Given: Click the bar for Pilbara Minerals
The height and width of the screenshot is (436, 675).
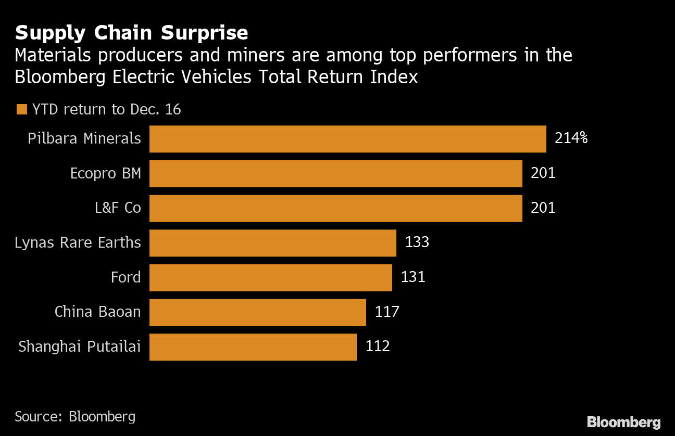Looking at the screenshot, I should click(x=347, y=139).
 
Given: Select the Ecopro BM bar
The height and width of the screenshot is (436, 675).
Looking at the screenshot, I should click(x=335, y=173).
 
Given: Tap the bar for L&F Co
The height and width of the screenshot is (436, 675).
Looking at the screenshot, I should click(x=335, y=208).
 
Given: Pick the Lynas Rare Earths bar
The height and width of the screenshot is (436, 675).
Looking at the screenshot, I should click(x=272, y=242).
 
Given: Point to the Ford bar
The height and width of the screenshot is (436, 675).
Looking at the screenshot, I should click(x=270, y=277).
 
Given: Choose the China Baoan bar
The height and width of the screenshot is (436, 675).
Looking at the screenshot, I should click(x=257, y=312).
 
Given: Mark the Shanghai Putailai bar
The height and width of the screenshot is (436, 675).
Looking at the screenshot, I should click(x=253, y=347).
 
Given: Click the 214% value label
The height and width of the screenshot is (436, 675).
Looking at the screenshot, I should click(x=571, y=138).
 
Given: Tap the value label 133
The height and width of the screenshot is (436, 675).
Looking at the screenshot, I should click(x=417, y=242).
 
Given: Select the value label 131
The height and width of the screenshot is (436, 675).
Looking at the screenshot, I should click(x=413, y=277).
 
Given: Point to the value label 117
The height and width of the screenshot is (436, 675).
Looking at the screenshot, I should click(x=387, y=312).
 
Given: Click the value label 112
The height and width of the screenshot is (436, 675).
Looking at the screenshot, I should click(x=378, y=346).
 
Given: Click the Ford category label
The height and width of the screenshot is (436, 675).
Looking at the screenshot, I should click(x=126, y=277).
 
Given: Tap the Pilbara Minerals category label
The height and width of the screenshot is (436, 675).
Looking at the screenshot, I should click(x=84, y=138).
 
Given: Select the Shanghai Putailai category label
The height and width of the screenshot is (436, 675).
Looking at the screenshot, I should click(x=80, y=347).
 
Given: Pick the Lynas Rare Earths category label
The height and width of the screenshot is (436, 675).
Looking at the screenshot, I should click(x=78, y=242).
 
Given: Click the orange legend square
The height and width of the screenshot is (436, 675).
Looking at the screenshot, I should click(x=21, y=109).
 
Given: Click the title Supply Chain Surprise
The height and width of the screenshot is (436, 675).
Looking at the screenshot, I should click(x=131, y=33).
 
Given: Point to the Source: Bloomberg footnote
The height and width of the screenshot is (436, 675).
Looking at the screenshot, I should click(x=75, y=416).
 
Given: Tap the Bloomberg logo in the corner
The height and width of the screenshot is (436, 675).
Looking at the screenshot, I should click(x=623, y=422).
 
